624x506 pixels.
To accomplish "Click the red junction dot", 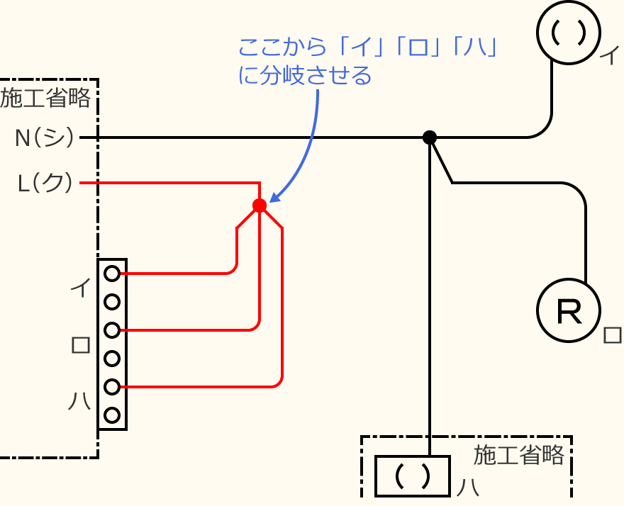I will tap(260, 206).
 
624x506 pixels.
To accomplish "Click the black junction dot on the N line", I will tap(429, 137).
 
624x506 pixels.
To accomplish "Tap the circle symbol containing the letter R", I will tap(568, 310).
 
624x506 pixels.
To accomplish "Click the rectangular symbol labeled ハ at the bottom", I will tap(413, 476).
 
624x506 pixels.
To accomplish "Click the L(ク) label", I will tap(45, 184).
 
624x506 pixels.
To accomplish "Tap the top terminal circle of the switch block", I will tap(111, 273).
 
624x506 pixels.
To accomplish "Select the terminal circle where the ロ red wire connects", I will tap(111, 330).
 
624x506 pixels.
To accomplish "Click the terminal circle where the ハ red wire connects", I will tap(111, 387).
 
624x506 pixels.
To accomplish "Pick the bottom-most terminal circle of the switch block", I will tap(111, 415).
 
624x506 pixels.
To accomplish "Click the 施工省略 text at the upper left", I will tap(46, 98).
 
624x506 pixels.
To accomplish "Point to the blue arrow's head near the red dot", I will tap(273, 198).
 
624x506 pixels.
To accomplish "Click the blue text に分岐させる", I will tap(305, 76).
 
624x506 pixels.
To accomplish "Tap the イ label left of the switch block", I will tap(80, 288).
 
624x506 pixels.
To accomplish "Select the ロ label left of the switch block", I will tap(80, 345).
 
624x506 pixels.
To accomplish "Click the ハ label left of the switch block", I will tap(79, 402).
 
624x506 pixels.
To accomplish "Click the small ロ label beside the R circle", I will tap(611, 334).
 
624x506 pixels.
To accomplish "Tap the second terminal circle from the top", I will tap(111, 302).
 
